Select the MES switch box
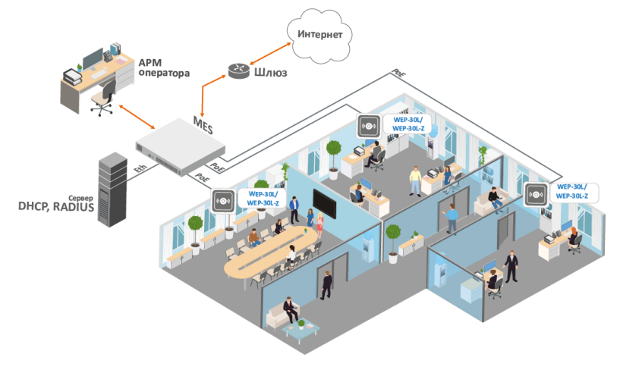pos(181,149)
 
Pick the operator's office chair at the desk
pos(104,98)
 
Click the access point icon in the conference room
pos(222,201)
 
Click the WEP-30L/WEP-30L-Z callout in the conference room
pos(260,198)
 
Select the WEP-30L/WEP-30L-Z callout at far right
pos(576,191)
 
